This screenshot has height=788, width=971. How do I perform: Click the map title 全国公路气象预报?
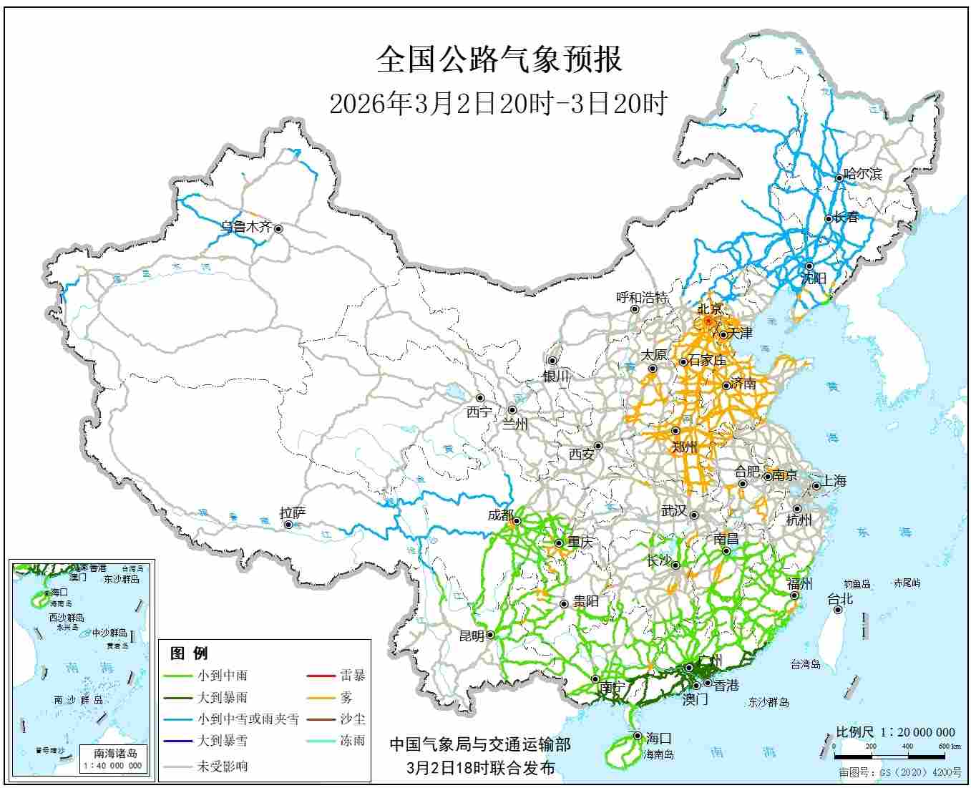click(x=499, y=60)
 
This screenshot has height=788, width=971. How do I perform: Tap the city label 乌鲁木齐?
click(x=246, y=228)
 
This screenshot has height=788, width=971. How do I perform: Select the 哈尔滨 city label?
click(x=863, y=174)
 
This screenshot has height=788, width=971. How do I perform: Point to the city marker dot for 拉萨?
click(x=288, y=525)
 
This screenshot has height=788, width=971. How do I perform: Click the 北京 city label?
click(x=710, y=309)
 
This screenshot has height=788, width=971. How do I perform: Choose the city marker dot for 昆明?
click(x=491, y=635)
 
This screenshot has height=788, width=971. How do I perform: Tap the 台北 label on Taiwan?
click(x=840, y=599)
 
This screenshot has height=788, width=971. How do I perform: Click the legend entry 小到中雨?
click(x=223, y=675)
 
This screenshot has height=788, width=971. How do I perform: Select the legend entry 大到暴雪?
click(x=223, y=741)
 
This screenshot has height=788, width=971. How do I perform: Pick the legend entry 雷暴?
click(x=352, y=675)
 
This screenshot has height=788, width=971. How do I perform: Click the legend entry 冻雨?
click(x=352, y=741)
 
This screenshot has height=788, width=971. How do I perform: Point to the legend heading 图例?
click(x=189, y=653)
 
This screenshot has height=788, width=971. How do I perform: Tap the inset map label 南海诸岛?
click(x=115, y=753)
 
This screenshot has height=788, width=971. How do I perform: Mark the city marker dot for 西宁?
click(x=480, y=398)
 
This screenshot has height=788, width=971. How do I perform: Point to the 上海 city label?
click(x=834, y=481)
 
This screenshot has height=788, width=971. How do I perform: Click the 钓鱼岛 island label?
click(x=856, y=584)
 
